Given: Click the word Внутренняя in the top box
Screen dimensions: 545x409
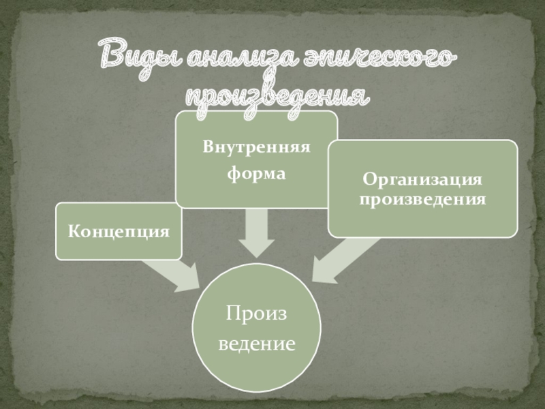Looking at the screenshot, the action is click(x=256, y=147).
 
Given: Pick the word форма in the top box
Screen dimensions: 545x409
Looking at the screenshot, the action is click(x=256, y=175).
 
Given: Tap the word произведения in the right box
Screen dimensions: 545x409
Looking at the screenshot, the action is click(x=422, y=200).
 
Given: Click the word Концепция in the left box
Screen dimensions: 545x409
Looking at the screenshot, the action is click(x=119, y=231).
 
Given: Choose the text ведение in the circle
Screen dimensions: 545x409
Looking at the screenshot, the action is click(x=257, y=344).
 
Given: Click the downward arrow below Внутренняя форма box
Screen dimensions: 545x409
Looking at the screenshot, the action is click(x=256, y=232).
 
